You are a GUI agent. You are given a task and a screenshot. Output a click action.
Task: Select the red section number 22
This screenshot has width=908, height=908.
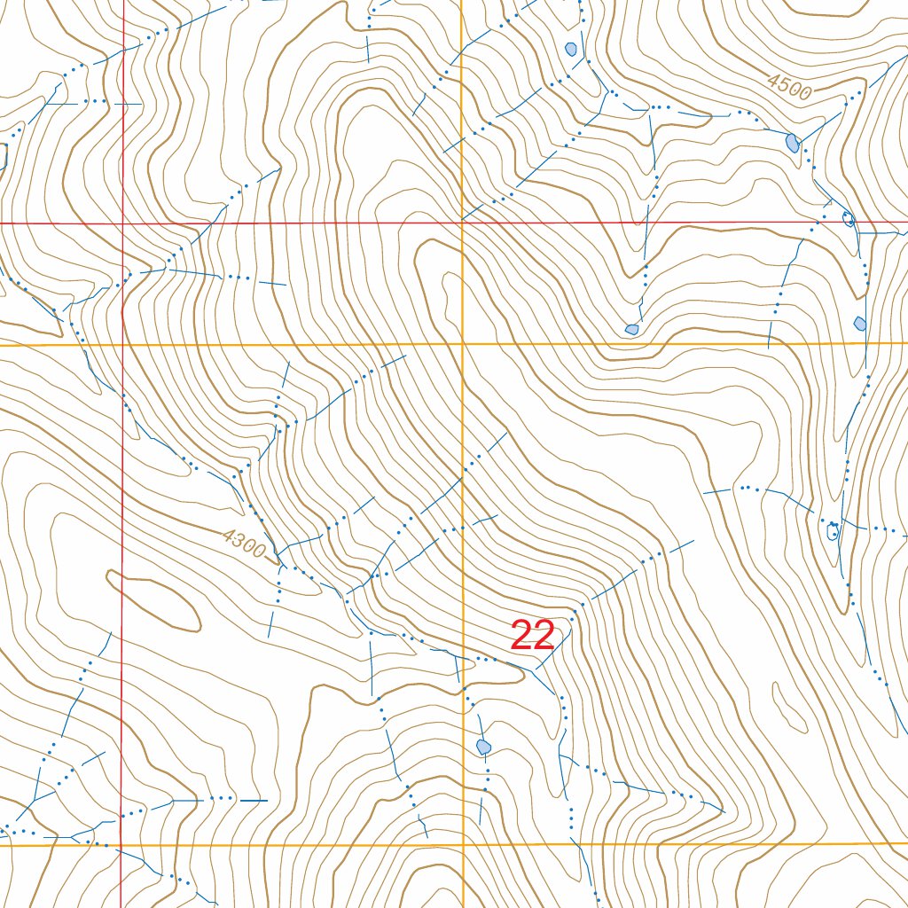(x=532, y=636)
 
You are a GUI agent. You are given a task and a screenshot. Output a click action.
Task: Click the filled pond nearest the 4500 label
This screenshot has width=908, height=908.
(x=792, y=142)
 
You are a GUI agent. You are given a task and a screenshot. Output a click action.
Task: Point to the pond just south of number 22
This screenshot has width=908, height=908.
(x=483, y=747)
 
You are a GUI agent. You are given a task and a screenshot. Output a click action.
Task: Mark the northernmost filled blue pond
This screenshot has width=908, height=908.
(x=571, y=49)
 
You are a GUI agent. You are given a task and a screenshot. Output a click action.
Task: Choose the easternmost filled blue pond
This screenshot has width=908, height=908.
(x=859, y=323)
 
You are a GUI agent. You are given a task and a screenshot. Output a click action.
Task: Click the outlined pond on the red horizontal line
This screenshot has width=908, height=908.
(x=848, y=219)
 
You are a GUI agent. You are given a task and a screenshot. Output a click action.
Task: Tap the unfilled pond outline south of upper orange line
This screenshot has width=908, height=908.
(x=833, y=531)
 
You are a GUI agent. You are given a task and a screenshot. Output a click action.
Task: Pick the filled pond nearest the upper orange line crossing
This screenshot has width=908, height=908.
(x=631, y=329)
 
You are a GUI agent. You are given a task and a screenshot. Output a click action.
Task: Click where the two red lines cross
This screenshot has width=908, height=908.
(x=122, y=223)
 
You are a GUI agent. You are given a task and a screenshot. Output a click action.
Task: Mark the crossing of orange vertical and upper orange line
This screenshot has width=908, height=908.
(x=463, y=343)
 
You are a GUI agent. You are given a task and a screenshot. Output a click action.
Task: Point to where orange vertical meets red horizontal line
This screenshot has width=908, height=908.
(x=462, y=223)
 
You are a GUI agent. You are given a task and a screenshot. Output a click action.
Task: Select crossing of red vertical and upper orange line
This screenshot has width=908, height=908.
(x=122, y=344)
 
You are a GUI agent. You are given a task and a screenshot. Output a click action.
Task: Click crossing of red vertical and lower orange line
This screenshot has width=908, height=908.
(x=121, y=846)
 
